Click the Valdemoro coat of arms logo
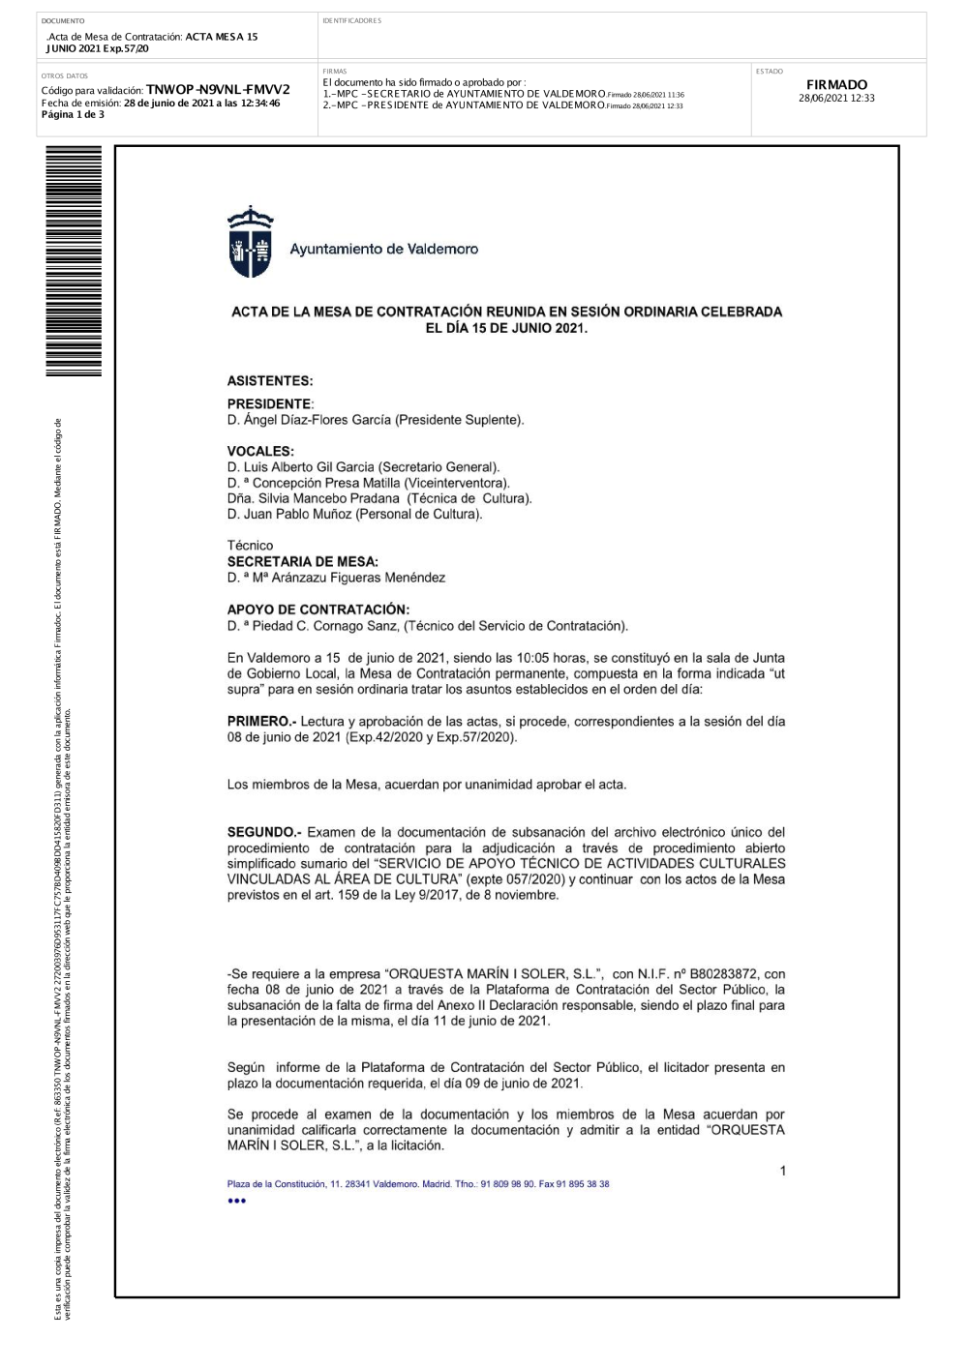250,243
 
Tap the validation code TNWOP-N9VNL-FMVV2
217,90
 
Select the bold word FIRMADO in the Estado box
836,85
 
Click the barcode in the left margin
73,261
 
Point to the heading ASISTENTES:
270,381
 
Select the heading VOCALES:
260,451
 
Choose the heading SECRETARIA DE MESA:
302,561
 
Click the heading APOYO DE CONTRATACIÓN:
318,610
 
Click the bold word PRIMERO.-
261,722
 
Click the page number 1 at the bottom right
782,1171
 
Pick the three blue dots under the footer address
236,1201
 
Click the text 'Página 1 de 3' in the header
73,114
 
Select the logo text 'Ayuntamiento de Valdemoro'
383,250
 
